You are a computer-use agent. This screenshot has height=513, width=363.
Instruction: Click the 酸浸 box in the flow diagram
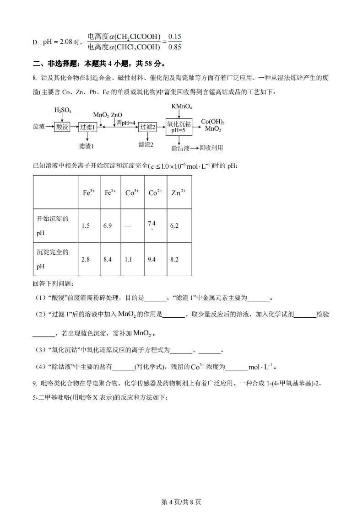point(62,127)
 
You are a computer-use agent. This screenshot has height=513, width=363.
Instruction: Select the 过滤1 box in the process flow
point(88,127)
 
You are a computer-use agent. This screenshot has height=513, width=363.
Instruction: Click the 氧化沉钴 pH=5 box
point(179,126)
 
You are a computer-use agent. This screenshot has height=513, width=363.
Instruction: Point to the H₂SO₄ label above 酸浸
point(63,110)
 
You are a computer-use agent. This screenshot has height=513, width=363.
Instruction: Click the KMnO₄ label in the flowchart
point(182,106)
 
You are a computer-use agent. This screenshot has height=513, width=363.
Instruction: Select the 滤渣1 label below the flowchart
point(87,146)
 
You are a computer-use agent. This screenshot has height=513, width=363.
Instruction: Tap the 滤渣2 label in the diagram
point(146,144)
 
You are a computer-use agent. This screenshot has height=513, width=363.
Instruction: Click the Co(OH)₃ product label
point(213,122)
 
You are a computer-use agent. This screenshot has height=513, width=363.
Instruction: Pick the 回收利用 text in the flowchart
point(211,148)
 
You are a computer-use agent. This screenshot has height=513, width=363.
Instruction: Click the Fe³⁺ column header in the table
point(89,192)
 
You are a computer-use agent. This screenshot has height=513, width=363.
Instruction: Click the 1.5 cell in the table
point(86,226)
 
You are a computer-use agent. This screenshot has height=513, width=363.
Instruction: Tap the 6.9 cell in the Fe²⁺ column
point(108,226)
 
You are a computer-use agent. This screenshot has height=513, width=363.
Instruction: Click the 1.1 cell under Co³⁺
point(129,259)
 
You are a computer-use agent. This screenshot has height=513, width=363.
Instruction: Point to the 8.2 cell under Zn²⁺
point(174,259)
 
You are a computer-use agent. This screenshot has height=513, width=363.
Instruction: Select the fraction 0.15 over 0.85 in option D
point(175,41)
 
